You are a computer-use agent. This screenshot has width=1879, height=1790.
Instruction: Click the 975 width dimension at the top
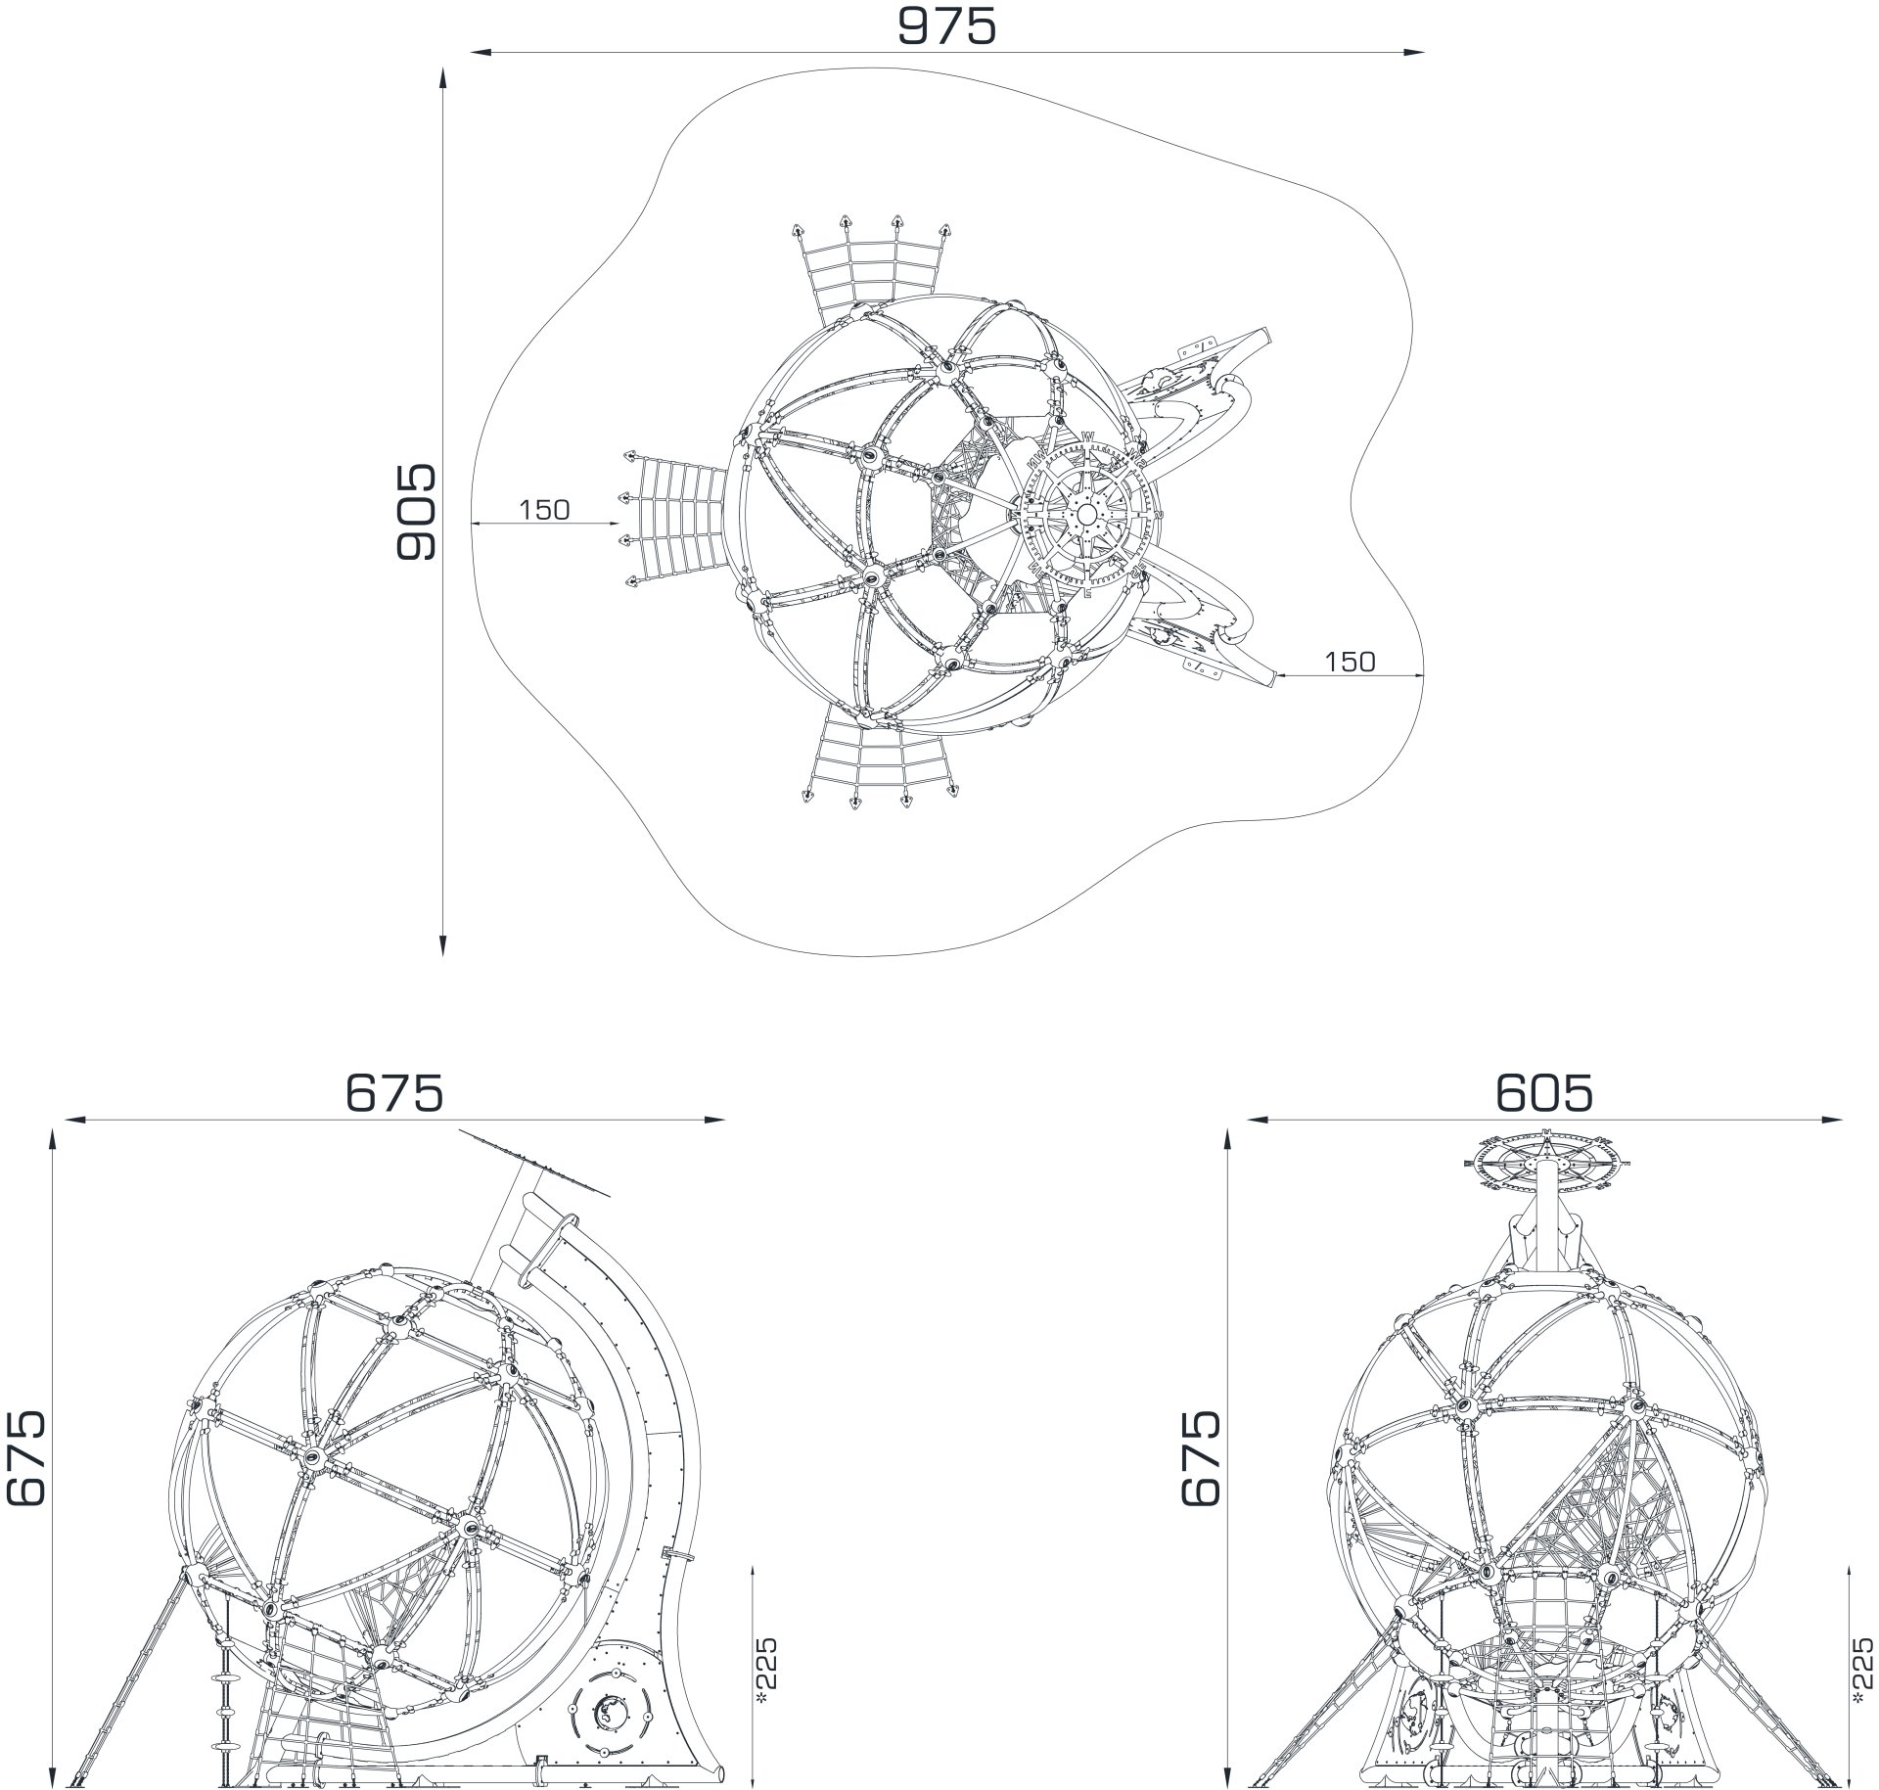[946, 26]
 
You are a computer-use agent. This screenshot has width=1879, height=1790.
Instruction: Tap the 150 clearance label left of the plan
[544, 510]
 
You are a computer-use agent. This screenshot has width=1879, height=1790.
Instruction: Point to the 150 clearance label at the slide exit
[1350, 663]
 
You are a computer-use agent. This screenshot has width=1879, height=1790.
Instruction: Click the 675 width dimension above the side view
[394, 1092]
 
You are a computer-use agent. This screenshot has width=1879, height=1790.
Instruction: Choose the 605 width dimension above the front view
[1544, 1092]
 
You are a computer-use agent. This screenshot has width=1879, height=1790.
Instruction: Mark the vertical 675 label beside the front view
[1201, 1457]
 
